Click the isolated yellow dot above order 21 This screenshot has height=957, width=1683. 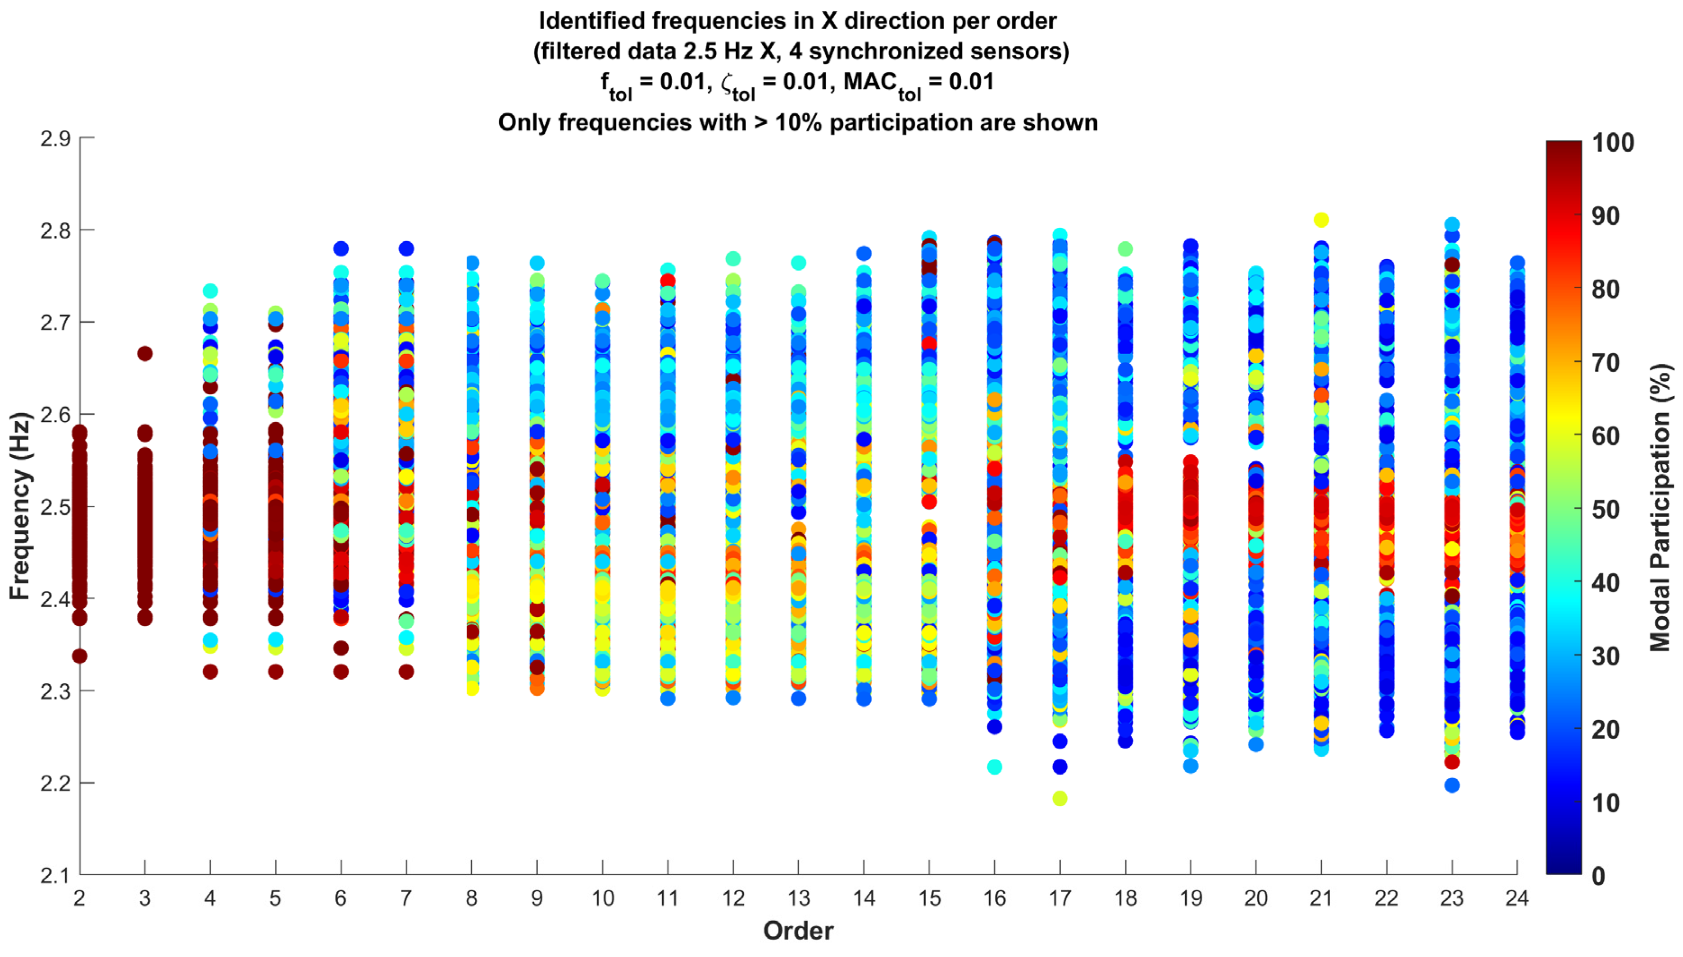(x=1321, y=220)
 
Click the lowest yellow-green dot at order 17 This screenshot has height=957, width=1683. (x=1060, y=798)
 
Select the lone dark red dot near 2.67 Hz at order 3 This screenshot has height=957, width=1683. (x=145, y=354)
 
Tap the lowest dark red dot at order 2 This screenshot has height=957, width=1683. (x=80, y=656)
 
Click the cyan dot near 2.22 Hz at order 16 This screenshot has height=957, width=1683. (x=994, y=767)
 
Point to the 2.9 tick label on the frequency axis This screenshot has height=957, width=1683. (x=55, y=139)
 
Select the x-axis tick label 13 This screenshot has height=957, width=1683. (x=798, y=898)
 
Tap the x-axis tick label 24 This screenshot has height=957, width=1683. (x=1517, y=898)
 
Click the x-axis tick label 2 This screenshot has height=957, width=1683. (x=80, y=898)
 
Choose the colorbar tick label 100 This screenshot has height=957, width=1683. (x=1613, y=143)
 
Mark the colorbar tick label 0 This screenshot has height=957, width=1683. (x=1598, y=876)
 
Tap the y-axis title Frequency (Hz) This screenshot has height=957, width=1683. (x=21, y=506)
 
